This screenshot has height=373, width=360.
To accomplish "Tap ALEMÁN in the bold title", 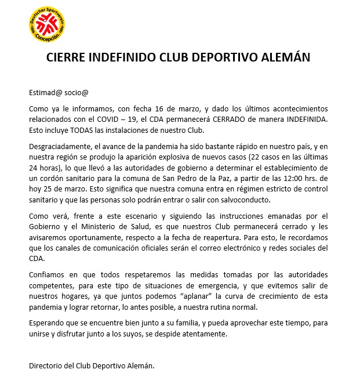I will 282,57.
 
